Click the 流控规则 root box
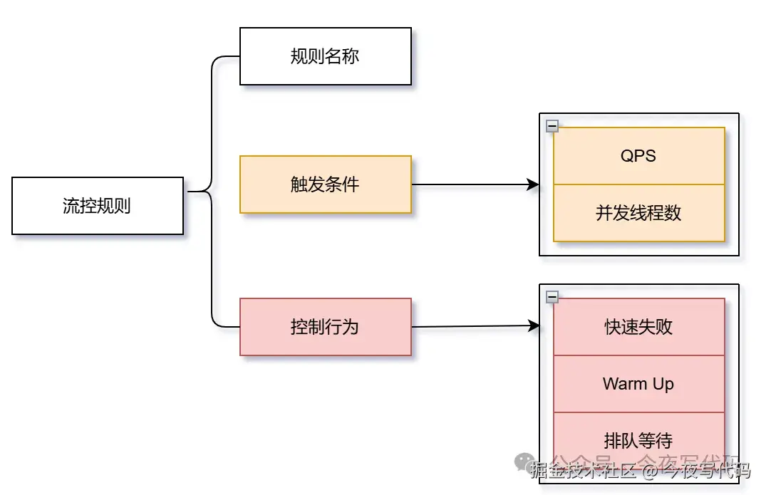(x=98, y=206)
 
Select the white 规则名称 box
(x=326, y=56)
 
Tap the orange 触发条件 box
(x=326, y=184)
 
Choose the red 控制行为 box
(x=326, y=327)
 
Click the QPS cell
(x=638, y=156)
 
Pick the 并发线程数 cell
(x=638, y=213)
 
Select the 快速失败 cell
(x=638, y=327)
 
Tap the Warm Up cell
(x=638, y=384)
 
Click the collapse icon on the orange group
(x=552, y=126)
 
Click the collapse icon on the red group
(x=552, y=297)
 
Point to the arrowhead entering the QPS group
(x=532, y=184)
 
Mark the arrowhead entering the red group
(x=532, y=326)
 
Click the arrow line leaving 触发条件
(x=470, y=184)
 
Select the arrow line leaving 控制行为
(x=470, y=327)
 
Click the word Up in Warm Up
(x=663, y=385)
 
